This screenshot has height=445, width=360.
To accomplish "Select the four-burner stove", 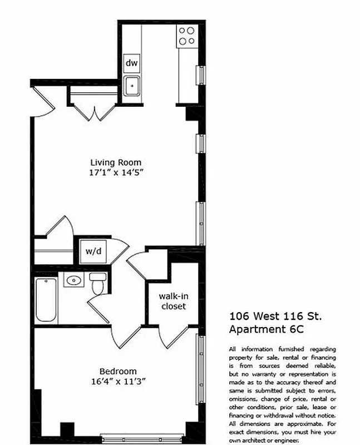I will pos(186,36).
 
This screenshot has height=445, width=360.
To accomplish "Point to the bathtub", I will pos(46,300).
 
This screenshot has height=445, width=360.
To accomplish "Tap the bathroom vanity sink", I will pos(72,280).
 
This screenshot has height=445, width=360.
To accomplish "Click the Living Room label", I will pos(116,162).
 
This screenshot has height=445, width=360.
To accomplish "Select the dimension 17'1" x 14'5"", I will pos(116,172).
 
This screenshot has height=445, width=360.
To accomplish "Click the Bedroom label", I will pos(118,372).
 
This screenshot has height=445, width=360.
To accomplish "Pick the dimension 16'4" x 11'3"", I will pos(118,382).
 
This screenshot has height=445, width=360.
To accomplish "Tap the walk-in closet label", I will pos(172,301).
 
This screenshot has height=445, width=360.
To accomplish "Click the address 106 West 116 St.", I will pos(275,316).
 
